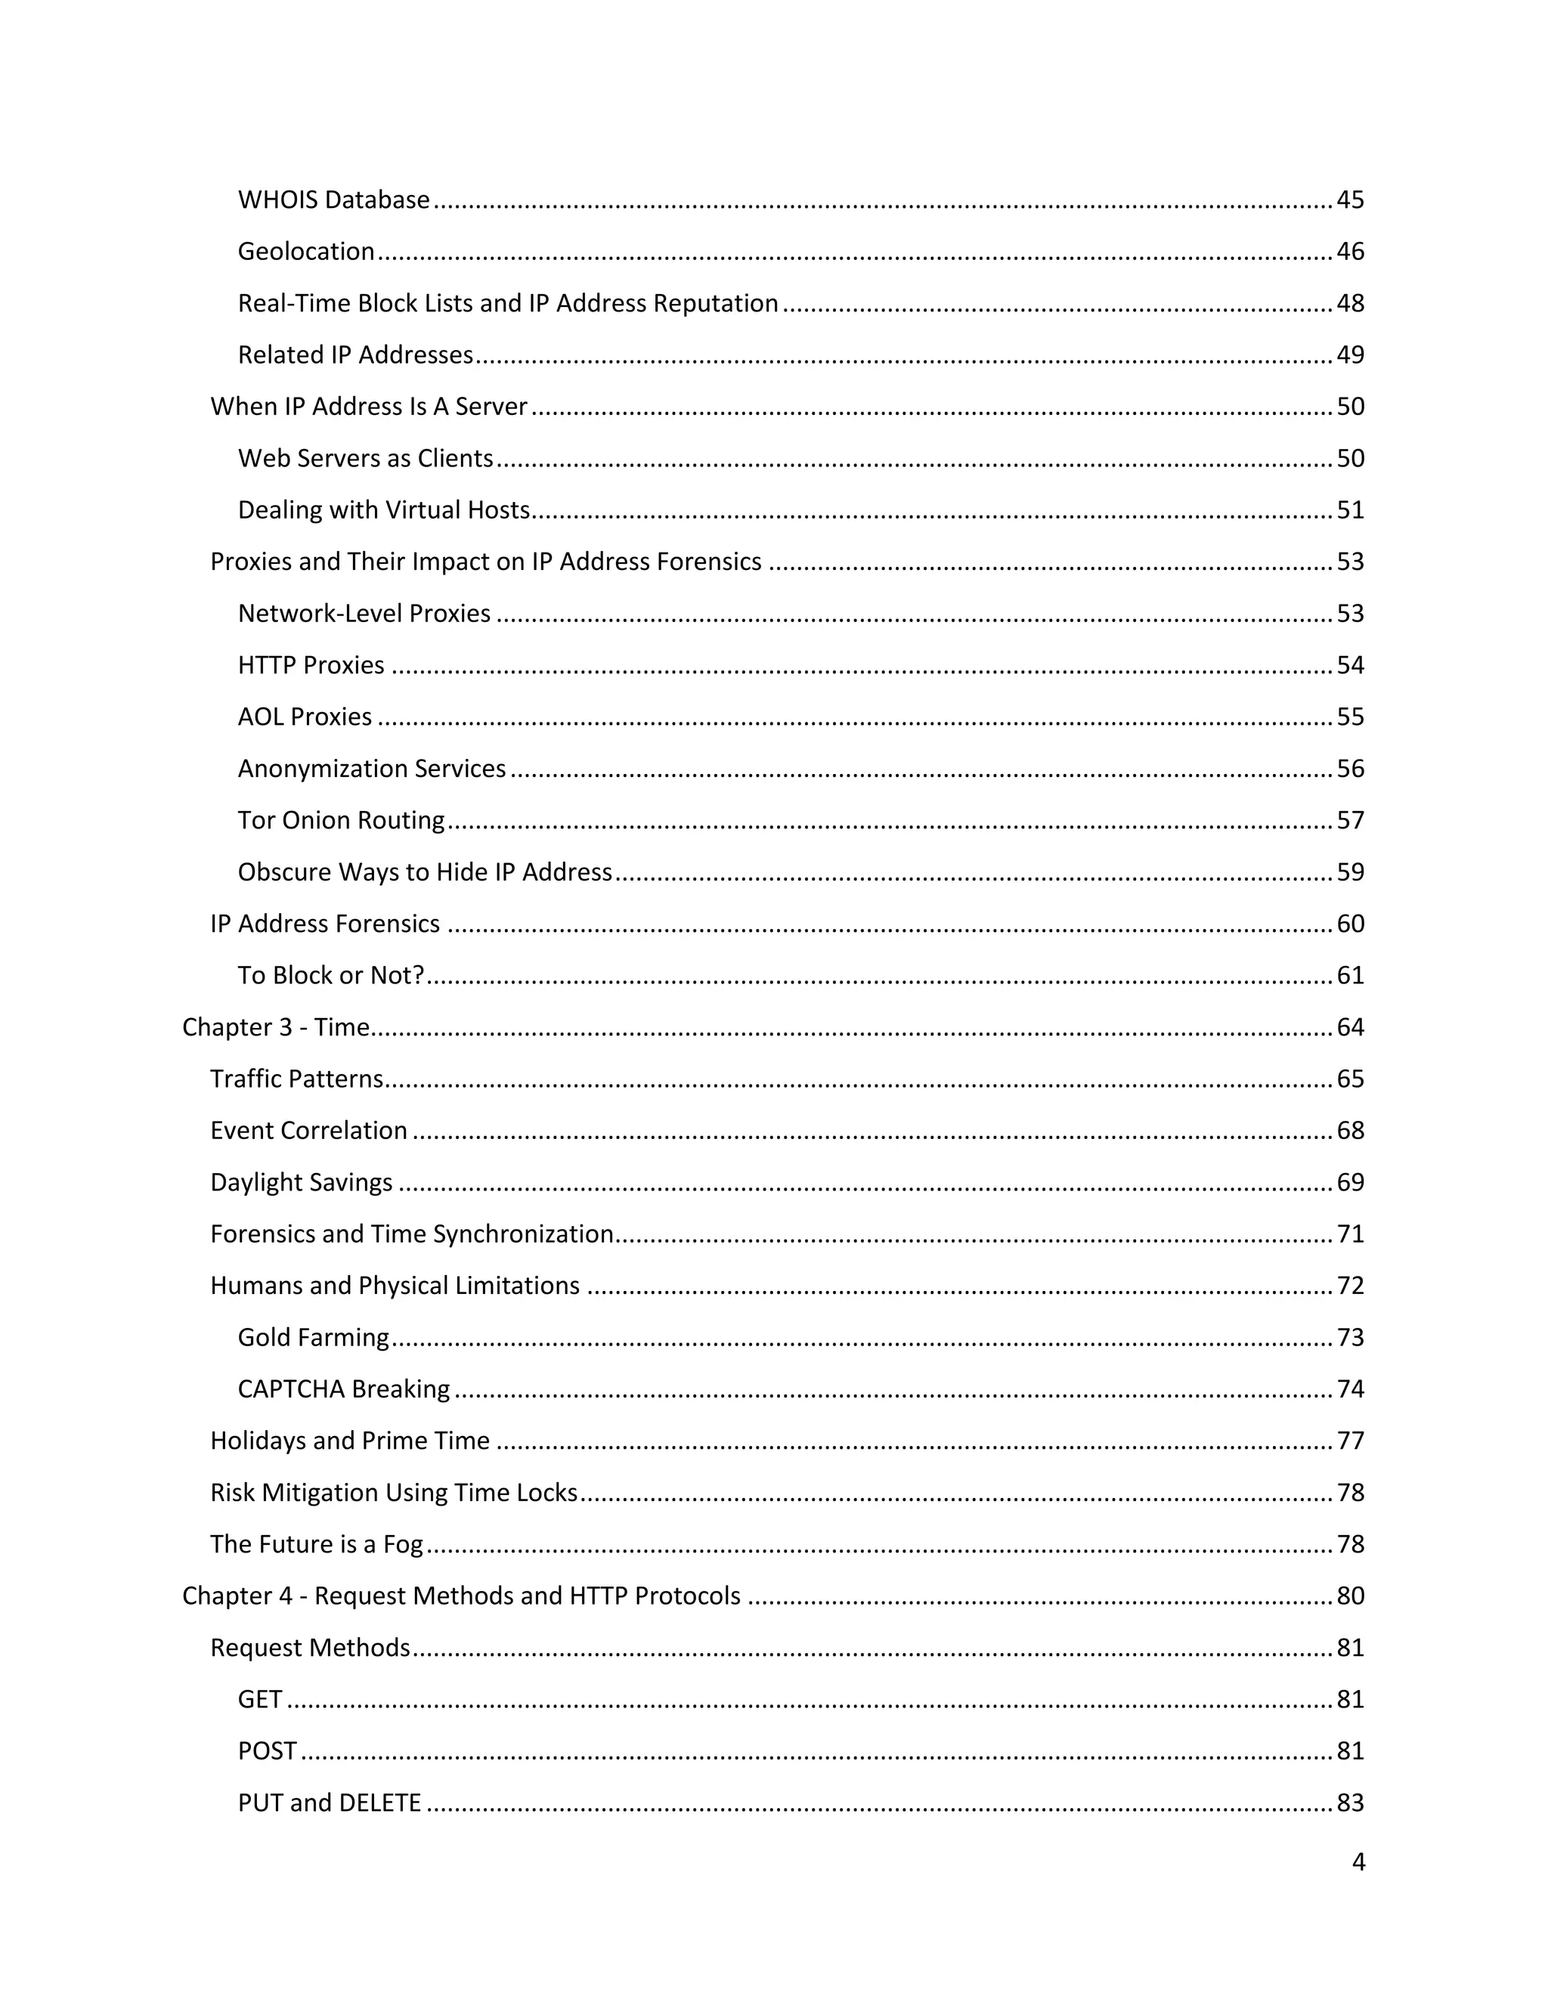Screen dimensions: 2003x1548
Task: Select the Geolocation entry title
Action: click(x=305, y=251)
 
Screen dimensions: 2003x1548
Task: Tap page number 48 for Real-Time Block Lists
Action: click(x=1350, y=304)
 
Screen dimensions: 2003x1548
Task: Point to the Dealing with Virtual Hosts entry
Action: click(x=383, y=510)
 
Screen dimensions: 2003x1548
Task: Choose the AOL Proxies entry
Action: click(x=305, y=717)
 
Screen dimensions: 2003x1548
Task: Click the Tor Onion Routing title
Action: click(x=340, y=820)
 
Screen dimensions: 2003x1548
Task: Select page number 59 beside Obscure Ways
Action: click(x=1350, y=872)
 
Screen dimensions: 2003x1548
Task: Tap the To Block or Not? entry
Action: click(x=330, y=975)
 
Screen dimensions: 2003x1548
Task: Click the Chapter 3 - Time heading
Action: click(x=275, y=1027)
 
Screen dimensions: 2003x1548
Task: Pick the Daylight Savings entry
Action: click(x=301, y=1182)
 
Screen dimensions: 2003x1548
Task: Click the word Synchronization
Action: click(x=523, y=1234)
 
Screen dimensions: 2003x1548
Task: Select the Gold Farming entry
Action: click(x=313, y=1337)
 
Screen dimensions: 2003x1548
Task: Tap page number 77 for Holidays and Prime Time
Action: click(x=1350, y=1441)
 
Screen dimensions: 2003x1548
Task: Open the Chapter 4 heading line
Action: click(x=460, y=1596)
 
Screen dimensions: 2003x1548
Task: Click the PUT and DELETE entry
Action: click(x=328, y=1803)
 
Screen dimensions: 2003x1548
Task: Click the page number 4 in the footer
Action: click(x=1358, y=1862)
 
